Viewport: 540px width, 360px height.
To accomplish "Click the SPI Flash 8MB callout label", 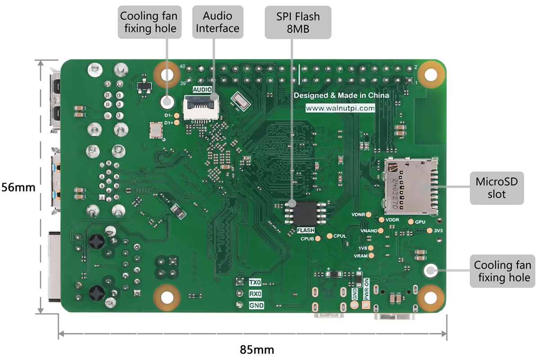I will [298, 22].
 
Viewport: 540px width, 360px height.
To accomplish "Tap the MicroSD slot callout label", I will [497, 188].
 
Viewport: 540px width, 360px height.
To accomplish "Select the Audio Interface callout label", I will [218, 22].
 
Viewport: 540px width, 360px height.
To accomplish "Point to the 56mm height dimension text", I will [18, 187].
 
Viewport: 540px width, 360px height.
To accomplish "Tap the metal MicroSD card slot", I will [411, 185].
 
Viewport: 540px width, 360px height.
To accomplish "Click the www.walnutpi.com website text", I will [340, 108].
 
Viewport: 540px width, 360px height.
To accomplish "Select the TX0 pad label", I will [255, 283].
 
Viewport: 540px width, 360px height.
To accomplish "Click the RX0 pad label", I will [255, 294].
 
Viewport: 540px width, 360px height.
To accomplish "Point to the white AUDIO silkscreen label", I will [202, 90].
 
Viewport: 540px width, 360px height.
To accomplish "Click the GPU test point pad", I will [411, 222].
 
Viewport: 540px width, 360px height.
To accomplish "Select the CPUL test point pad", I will [330, 236].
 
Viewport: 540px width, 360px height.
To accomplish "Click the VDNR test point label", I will [358, 214].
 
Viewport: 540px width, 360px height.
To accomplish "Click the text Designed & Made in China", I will [341, 95].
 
